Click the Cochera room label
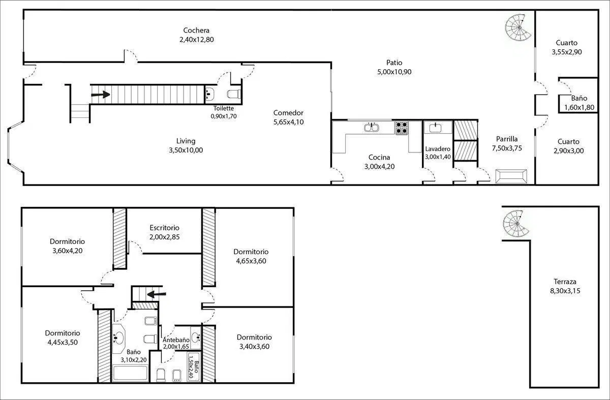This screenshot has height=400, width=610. (x=196, y=30)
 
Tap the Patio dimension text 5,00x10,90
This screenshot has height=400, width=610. (x=394, y=72)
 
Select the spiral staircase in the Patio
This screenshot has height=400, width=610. (x=517, y=27)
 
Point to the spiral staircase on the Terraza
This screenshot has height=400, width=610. (x=516, y=224)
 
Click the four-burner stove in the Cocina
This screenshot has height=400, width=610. (x=402, y=128)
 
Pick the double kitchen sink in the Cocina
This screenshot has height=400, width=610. (x=372, y=128)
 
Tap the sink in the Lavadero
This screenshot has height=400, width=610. (x=435, y=128)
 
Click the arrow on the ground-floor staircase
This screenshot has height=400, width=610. (x=101, y=95)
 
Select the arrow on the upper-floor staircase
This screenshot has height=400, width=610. (x=157, y=294)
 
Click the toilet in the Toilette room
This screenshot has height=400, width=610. (x=234, y=94)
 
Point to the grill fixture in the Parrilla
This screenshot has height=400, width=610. (x=511, y=176)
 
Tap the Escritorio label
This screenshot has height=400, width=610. (x=165, y=228)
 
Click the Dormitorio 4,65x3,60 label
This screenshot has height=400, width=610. (x=251, y=252)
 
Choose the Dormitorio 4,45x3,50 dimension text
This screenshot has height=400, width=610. (x=63, y=342)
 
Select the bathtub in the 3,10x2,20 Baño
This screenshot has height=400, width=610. (x=131, y=373)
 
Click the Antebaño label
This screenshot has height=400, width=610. (x=176, y=340)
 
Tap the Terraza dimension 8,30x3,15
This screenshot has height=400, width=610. (x=565, y=291)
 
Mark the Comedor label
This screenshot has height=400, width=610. (x=288, y=113)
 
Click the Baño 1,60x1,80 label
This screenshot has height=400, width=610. (x=579, y=98)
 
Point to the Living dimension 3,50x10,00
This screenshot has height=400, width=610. (x=186, y=150)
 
